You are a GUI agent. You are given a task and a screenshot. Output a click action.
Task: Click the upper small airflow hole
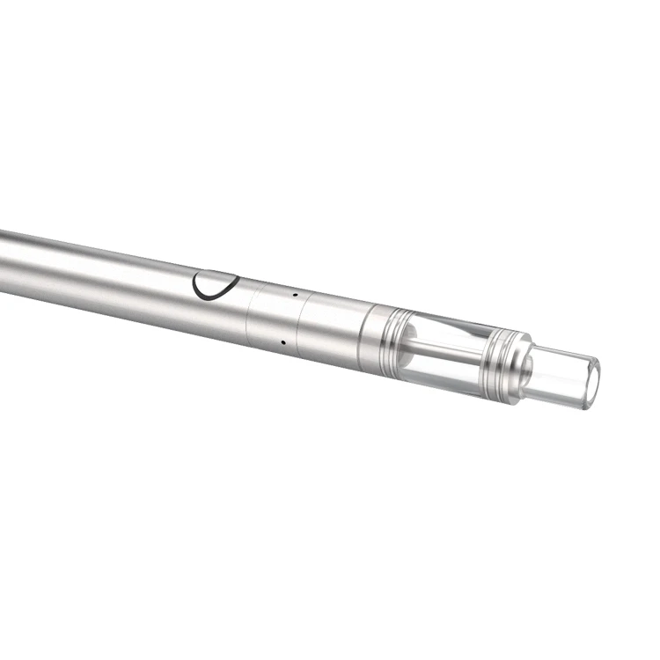pos(295,295)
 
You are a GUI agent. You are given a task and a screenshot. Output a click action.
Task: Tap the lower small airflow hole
pos(282,341)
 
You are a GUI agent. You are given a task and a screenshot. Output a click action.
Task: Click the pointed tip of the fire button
pos(238,279)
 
